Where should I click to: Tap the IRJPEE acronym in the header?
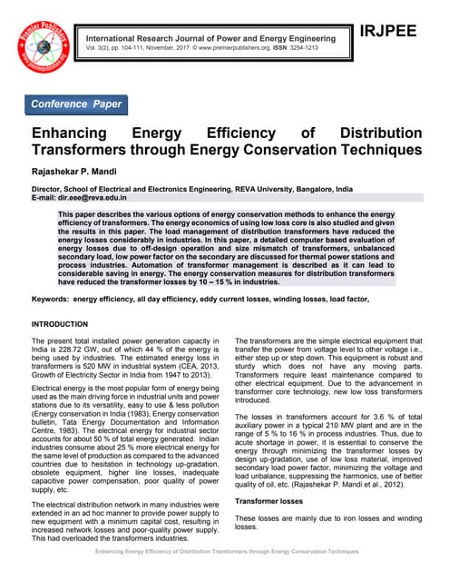387,32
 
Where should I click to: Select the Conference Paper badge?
78,104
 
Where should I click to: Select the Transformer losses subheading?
270,500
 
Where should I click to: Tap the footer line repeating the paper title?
224,551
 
